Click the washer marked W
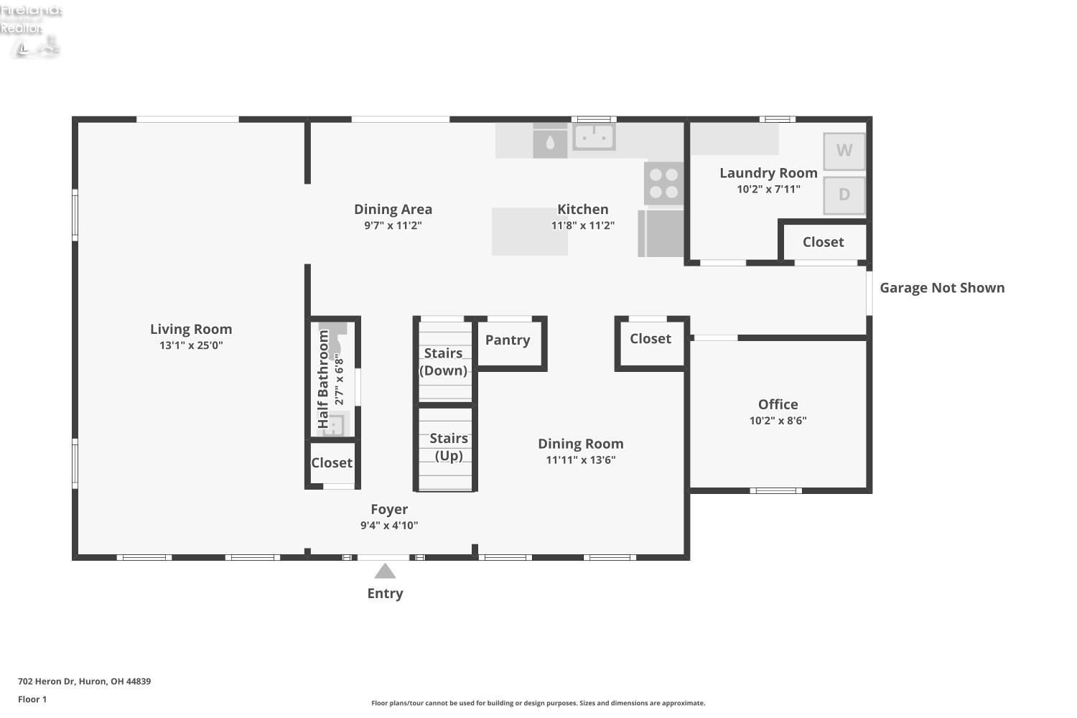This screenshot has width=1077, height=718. pyautogui.click(x=844, y=151)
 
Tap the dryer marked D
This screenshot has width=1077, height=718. pyautogui.click(x=844, y=195)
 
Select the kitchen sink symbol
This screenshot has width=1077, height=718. pyautogui.click(x=595, y=136)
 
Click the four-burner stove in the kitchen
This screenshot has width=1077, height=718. pyautogui.click(x=664, y=183)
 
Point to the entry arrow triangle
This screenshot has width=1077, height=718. pyautogui.click(x=385, y=571)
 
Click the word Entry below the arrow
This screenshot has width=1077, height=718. pyautogui.click(x=385, y=594)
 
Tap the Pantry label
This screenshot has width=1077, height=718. pyautogui.click(x=508, y=340)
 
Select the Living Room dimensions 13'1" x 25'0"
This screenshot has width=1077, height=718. pyautogui.click(x=192, y=345)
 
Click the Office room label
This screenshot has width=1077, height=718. pyautogui.click(x=778, y=404)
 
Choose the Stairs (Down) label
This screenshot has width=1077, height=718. pyautogui.click(x=443, y=362)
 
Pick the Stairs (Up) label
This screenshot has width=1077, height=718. pyautogui.click(x=449, y=447)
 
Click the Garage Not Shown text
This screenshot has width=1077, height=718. pyautogui.click(x=942, y=288)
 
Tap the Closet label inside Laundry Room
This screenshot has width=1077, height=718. pyautogui.click(x=823, y=242)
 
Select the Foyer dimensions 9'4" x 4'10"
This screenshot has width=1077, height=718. pyautogui.click(x=389, y=525)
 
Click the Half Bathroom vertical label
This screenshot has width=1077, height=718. pyautogui.click(x=323, y=379)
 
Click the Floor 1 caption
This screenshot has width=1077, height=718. pyautogui.click(x=32, y=699)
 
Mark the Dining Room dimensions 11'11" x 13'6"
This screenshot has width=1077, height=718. pyautogui.click(x=581, y=460)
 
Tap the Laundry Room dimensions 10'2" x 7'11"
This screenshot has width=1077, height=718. pyautogui.click(x=769, y=189)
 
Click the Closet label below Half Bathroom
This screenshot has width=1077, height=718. pyautogui.click(x=332, y=462)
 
